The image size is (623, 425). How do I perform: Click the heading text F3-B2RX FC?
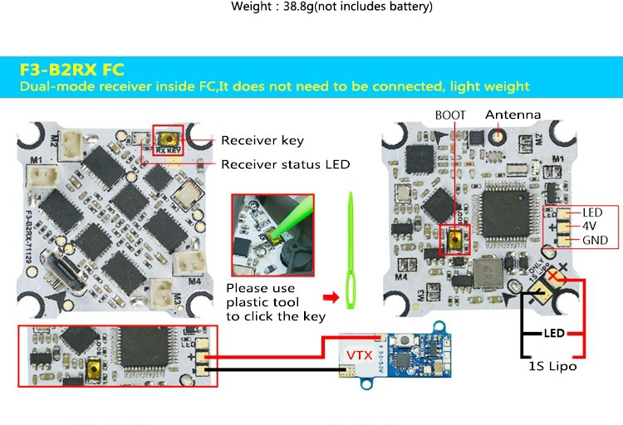click(71, 68)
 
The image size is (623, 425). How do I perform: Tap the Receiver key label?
click(262, 140)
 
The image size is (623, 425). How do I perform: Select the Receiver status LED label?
click(285, 164)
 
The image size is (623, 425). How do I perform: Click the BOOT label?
click(450, 115)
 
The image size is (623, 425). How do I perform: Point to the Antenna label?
click(513, 115)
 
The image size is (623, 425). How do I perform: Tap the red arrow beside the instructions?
click(331, 296)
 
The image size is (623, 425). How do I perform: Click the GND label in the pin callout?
click(595, 241)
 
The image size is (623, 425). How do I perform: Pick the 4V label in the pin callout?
click(591, 227)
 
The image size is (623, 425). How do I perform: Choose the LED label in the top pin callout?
click(592, 212)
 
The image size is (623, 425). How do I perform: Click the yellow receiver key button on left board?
click(170, 139)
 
